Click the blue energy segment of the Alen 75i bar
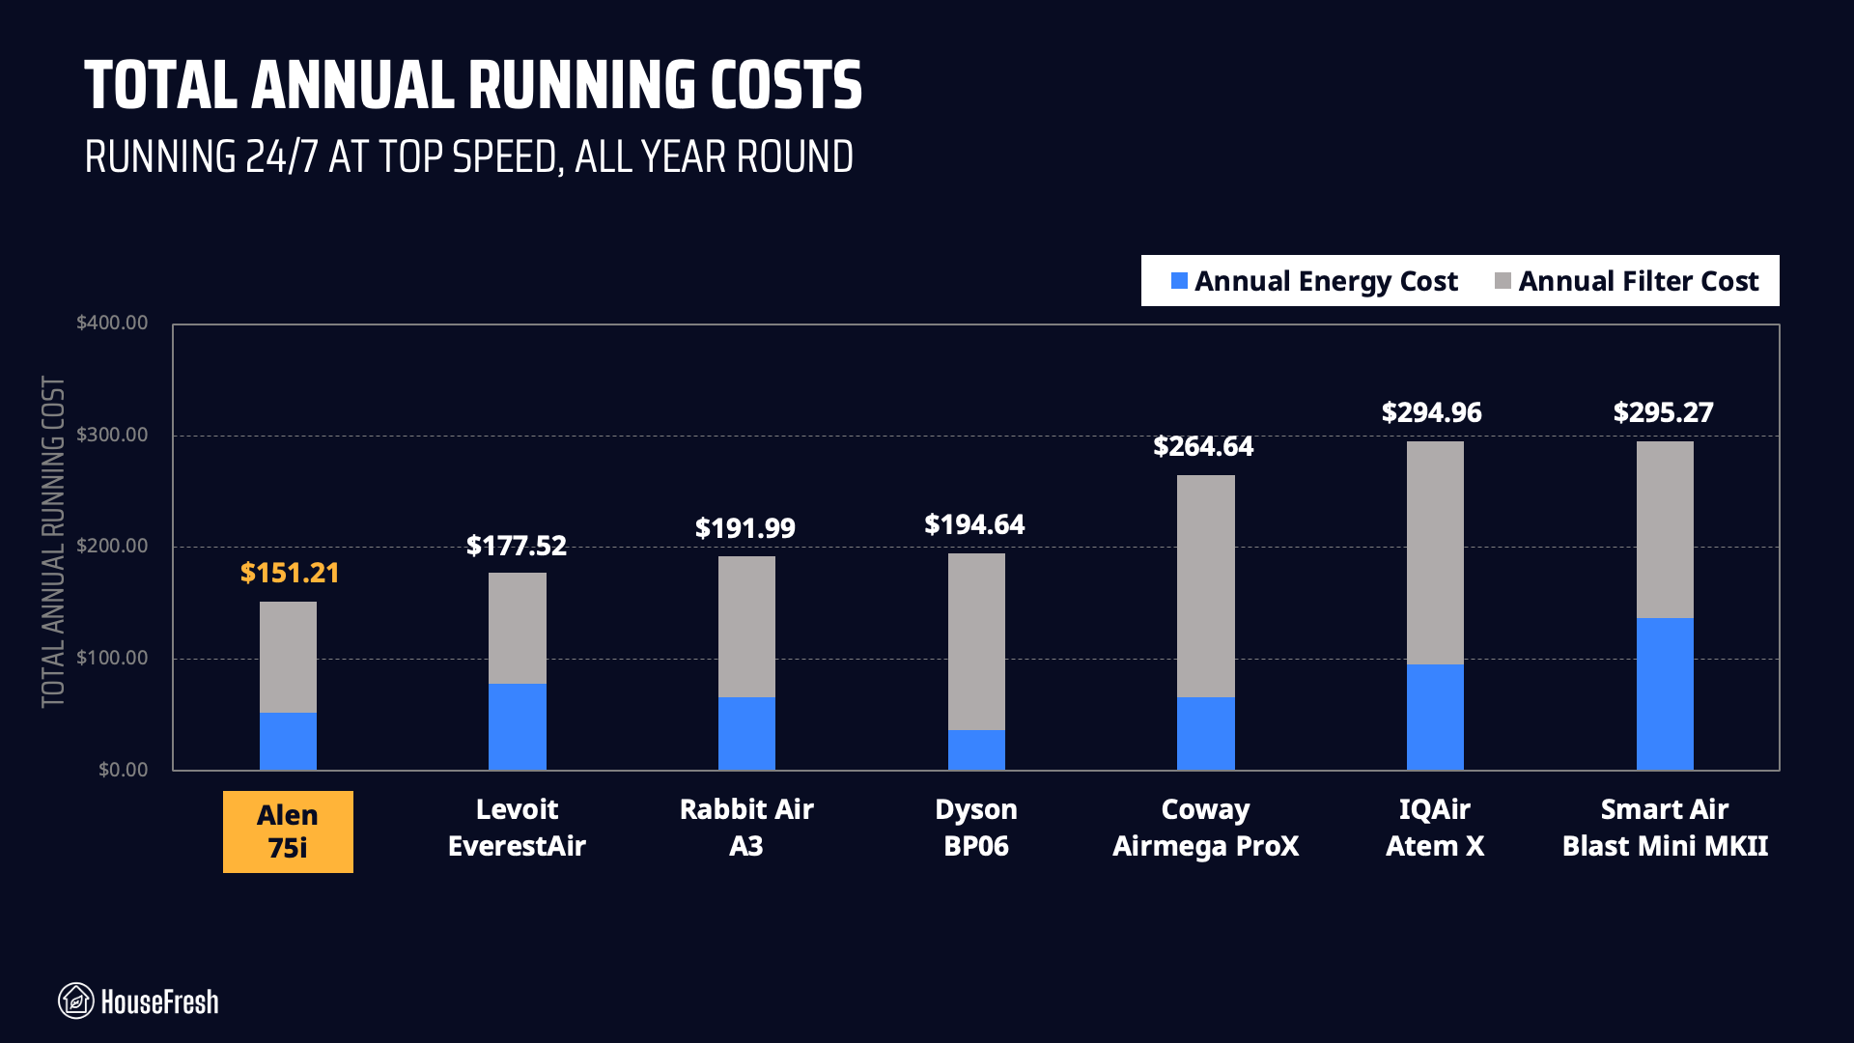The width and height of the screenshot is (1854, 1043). click(288, 741)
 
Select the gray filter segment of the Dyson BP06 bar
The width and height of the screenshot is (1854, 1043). click(976, 641)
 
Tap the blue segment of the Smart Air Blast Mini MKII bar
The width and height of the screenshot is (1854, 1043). click(1665, 693)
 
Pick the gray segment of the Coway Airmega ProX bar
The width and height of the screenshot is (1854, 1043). click(1205, 585)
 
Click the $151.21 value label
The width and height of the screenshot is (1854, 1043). click(290, 573)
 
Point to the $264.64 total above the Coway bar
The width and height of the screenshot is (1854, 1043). click(1203, 446)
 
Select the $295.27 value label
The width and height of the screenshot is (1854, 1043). click(1663, 412)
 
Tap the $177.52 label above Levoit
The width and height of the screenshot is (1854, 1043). click(517, 546)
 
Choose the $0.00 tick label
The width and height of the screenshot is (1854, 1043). click(124, 770)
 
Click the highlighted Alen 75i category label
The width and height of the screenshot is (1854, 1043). click(288, 832)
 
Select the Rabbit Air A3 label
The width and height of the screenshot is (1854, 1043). click(746, 828)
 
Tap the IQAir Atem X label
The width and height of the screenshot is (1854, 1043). click(1434, 828)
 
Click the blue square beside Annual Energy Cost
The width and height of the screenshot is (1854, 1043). click(1179, 281)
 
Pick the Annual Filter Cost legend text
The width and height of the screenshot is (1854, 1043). click(1638, 281)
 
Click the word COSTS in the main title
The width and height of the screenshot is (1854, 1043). click(786, 85)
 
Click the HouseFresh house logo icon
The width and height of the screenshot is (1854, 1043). click(76, 1001)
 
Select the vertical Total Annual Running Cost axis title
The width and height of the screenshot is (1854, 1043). click(53, 542)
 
